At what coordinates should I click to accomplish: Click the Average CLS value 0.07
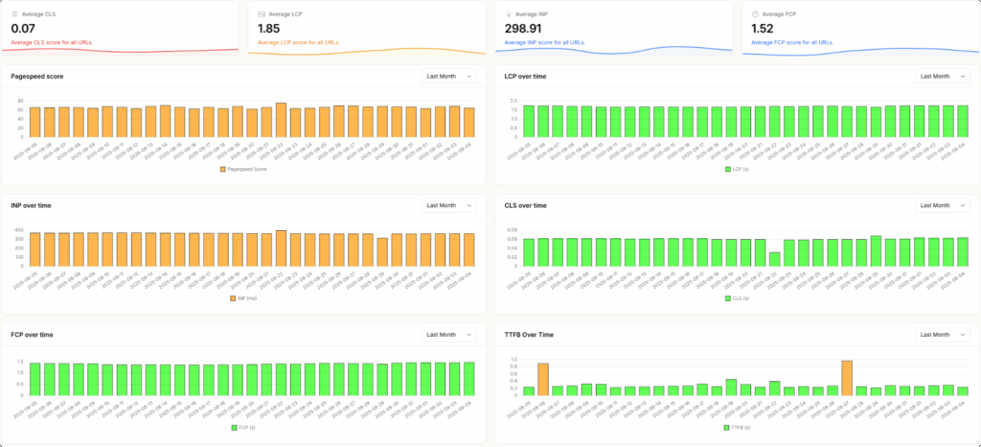coord(23,29)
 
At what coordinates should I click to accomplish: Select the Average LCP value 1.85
coord(269,29)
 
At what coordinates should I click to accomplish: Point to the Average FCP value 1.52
coord(764,29)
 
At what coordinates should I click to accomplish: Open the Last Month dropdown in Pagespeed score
coord(449,76)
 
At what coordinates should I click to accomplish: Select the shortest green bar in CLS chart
coord(774,259)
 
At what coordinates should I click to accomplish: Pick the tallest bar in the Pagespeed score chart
coord(281,121)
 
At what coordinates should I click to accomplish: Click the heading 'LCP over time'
coord(526,75)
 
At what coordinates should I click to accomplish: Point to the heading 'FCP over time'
coord(32,335)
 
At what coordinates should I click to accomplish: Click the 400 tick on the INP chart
coord(18,230)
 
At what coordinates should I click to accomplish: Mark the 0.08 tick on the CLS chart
coord(512,230)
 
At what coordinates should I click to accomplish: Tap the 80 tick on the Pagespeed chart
coord(20,101)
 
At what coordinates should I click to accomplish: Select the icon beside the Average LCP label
coord(262,14)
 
